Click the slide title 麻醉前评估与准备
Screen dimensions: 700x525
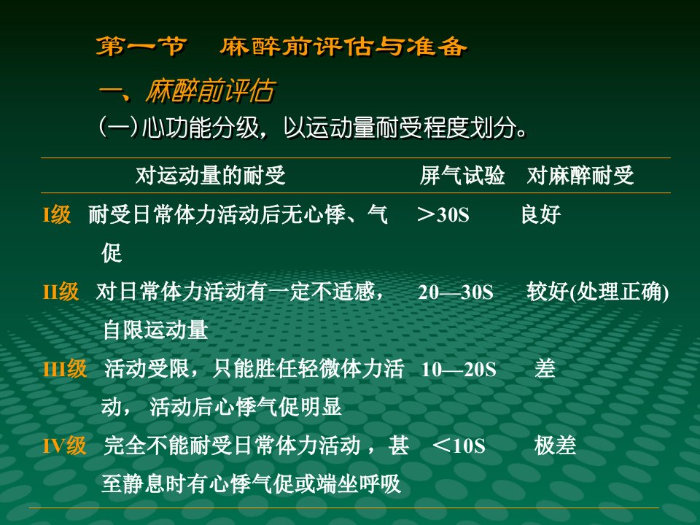click(343, 47)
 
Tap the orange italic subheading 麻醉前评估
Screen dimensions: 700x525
click(210, 91)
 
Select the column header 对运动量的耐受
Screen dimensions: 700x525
click(210, 175)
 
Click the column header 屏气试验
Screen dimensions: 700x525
click(462, 175)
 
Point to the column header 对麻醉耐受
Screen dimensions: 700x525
click(580, 175)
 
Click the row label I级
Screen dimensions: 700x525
click(57, 214)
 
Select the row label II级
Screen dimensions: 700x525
click(61, 292)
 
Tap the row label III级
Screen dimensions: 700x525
click(65, 369)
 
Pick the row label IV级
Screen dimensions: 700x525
click(65, 446)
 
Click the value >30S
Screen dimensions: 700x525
click(443, 214)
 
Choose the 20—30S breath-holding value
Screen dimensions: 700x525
click(456, 292)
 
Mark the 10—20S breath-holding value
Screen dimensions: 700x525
click(459, 370)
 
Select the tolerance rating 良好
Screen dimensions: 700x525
click(541, 214)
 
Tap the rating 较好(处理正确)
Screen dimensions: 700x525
click(598, 292)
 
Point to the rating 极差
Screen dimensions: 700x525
click(556, 446)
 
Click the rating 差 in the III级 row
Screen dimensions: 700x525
click(545, 369)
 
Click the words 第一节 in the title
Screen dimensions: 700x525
click(141, 47)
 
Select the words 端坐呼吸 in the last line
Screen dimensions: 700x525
click(359, 484)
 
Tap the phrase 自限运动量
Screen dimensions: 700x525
click(155, 330)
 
